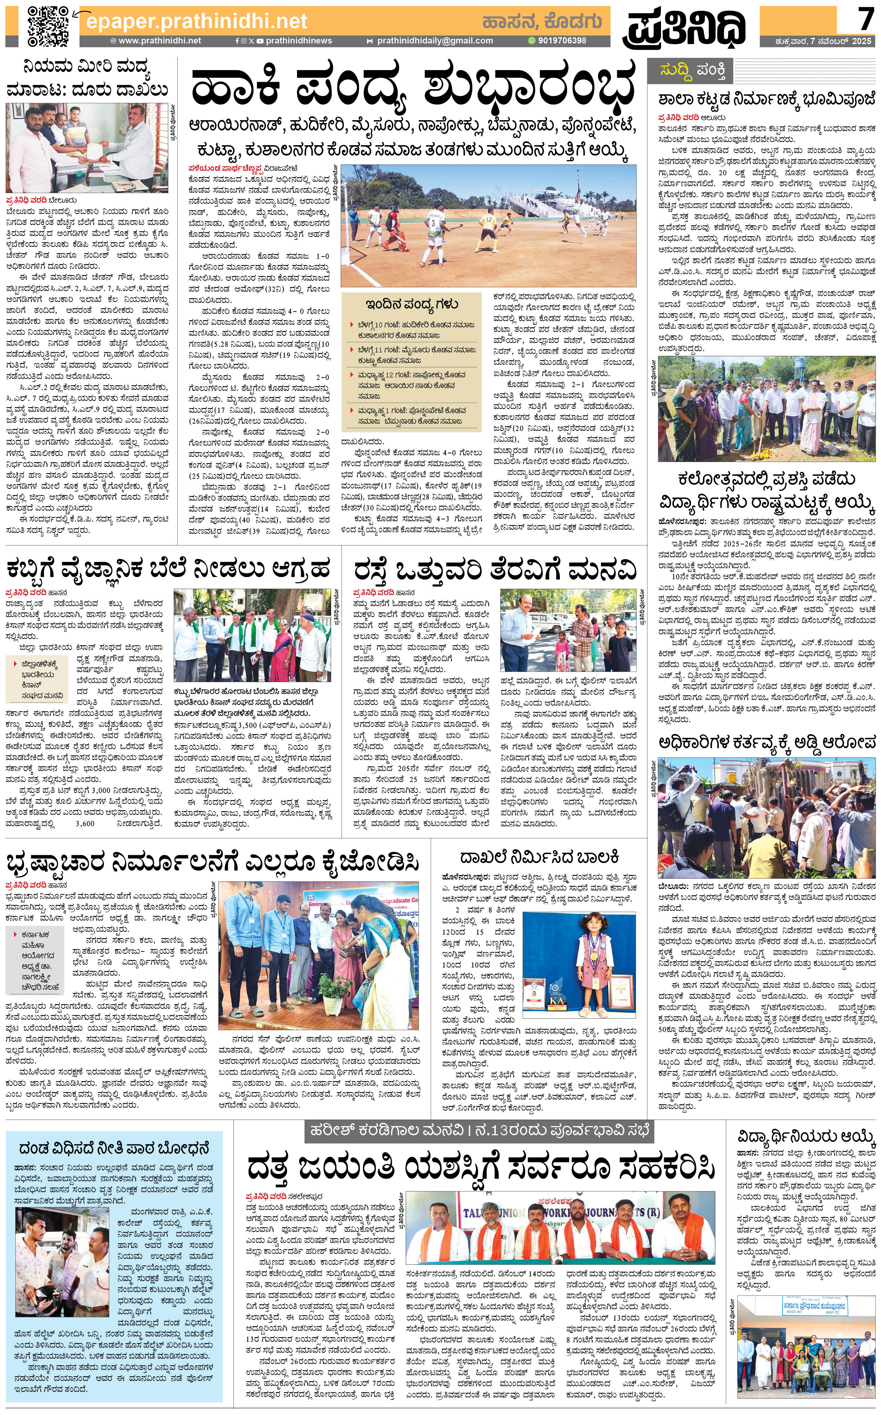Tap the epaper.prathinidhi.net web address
click(196, 21)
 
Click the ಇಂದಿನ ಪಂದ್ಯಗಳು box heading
click(411, 304)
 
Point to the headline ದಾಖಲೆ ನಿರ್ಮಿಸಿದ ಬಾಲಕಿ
click(539, 857)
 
